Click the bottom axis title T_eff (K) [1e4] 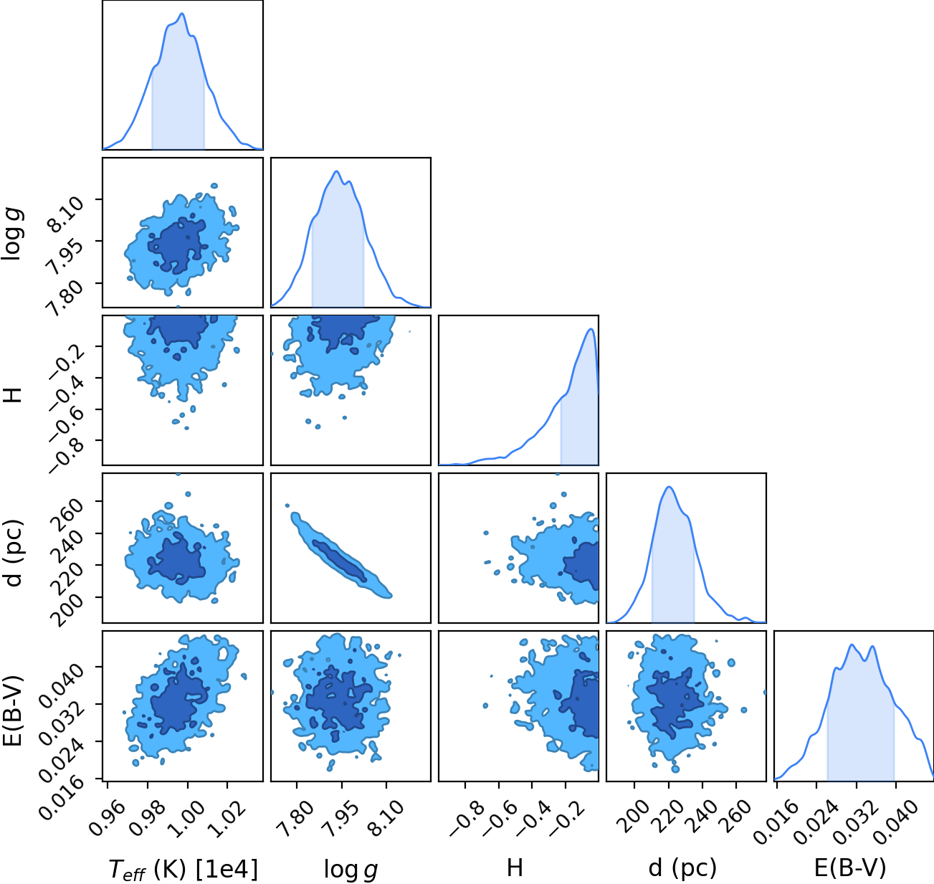[184, 869]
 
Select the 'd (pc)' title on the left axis [14, 553]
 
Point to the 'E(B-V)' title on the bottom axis [850, 868]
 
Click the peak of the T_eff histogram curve [182, 14]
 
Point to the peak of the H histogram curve [591, 329]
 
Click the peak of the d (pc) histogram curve [669, 487]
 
